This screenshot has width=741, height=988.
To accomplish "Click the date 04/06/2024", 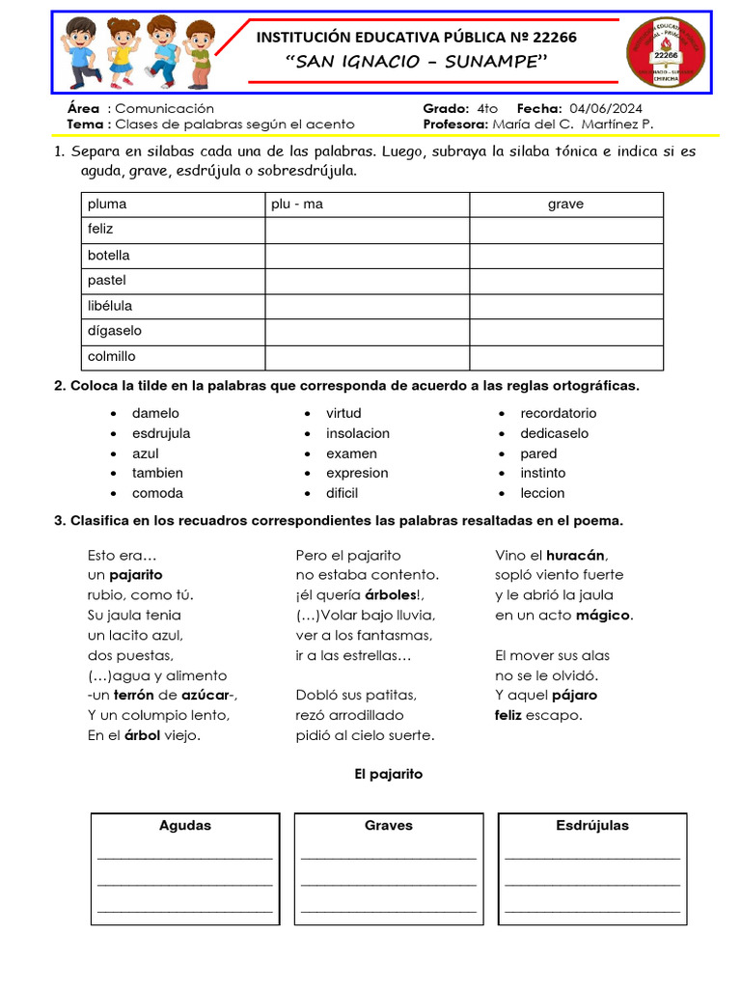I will tap(606, 108).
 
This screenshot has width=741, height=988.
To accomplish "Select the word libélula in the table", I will tap(109, 306).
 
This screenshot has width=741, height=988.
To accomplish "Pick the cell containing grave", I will tap(565, 205).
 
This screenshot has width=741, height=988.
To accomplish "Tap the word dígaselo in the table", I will tap(114, 331).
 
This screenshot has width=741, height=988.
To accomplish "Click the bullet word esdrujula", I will tap(161, 433).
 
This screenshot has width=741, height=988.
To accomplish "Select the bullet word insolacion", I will tap(358, 433).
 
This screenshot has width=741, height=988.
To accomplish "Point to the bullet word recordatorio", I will tap(558, 413).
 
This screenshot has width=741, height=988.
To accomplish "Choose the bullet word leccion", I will tap(542, 493).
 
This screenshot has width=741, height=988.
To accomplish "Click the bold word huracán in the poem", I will tap(575, 555).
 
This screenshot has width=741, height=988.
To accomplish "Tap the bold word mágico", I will tap(603, 616).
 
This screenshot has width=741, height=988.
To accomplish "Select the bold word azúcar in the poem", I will tap(205, 696).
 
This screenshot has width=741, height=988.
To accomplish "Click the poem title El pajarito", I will tap(389, 774).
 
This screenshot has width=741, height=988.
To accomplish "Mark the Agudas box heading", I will tap(184, 826).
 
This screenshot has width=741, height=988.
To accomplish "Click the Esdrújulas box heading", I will tap(592, 826).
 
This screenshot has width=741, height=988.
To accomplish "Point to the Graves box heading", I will tap(389, 826).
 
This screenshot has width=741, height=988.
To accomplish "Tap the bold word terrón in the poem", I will tap(134, 696).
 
